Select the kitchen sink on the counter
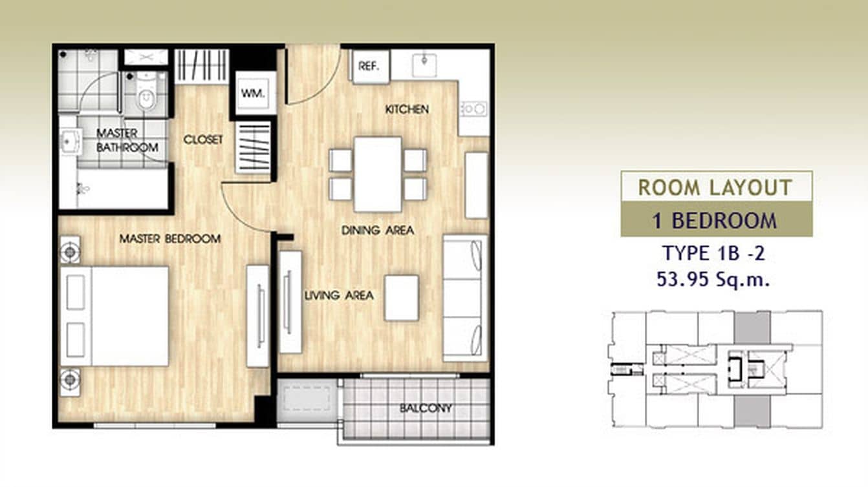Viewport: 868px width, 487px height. pos(424,63)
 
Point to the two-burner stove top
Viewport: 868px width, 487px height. pos(473,109)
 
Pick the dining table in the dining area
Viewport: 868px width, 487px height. pos(378,174)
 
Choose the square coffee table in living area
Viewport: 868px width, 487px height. pos(402,298)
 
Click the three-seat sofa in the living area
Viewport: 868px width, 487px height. pos(464,298)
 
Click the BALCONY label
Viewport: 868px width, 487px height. pos(426,408)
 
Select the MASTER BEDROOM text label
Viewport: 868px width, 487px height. pos(170,239)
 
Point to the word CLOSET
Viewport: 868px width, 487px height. pos(203,140)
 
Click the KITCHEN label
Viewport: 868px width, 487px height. pos(407,109)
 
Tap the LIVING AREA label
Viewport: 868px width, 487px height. pos(339,296)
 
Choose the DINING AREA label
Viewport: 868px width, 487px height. pos(378,230)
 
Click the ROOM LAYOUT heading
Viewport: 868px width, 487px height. pos(715,187)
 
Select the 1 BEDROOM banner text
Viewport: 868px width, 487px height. pos(715,221)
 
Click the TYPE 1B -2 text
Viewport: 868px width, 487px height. pos(713,253)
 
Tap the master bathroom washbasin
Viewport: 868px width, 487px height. pos(69,139)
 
